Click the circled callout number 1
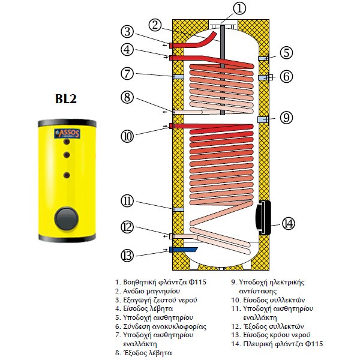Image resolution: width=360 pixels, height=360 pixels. point(223,9)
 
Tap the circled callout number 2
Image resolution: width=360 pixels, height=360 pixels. point(155,25)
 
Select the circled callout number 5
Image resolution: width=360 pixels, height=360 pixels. point(287,52)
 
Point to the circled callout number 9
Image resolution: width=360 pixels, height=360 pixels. point(287,118)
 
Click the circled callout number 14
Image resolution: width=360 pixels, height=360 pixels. point(289,223)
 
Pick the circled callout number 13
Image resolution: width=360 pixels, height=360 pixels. point(127,255)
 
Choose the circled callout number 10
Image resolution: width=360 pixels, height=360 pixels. point(127,136)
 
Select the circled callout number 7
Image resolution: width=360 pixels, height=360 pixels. point(127,74)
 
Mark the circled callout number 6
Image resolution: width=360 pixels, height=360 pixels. point(287,76)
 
